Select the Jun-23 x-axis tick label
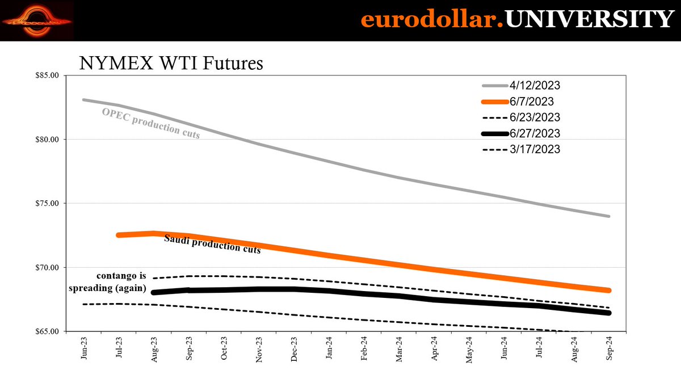[x=83, y=350]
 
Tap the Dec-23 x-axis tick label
[x=295, y=350]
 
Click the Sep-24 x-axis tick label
[x=609, y=350]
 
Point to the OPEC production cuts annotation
[x=150, y=123]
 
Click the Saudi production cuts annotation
[x=212, y=244]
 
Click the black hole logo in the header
[x=37, y=20]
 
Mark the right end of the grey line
[x=609, y=216]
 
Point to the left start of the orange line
[x=118, y=234]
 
